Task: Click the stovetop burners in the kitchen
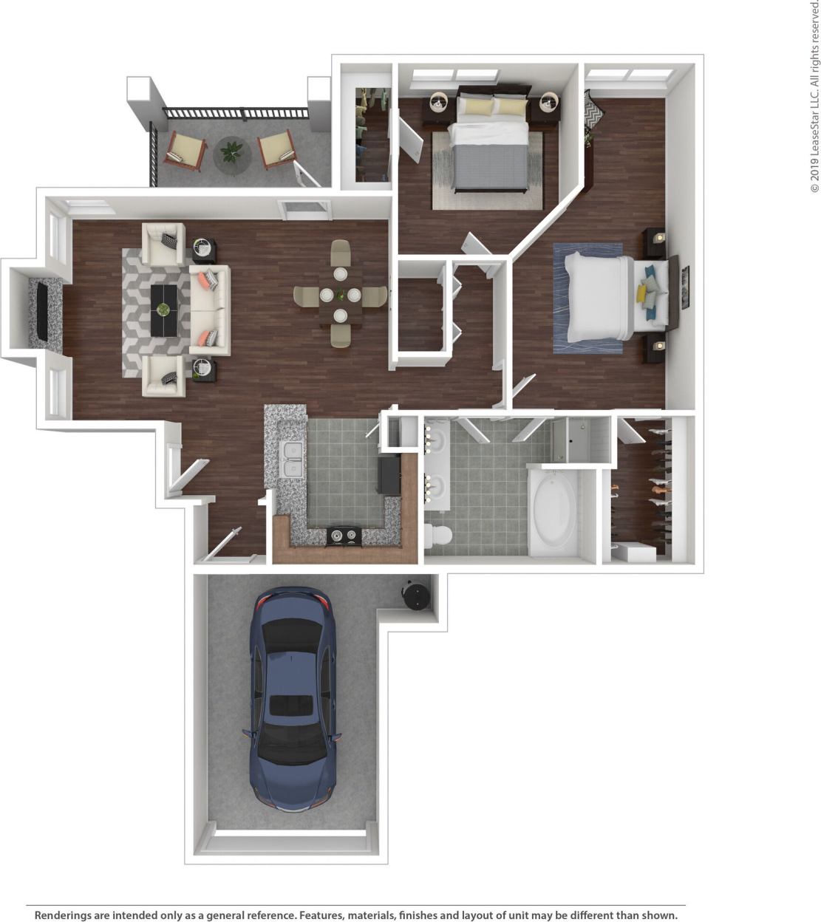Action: click(x=344, y=535)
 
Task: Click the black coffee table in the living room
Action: click(x=164, y=310)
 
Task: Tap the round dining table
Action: click(x=339, y=296)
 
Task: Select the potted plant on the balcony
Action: click(x=232, y=154)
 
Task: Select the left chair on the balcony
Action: click(x=185, y=150)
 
